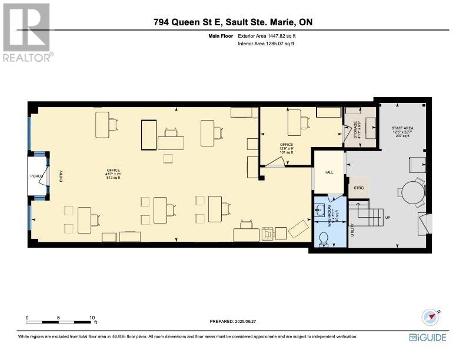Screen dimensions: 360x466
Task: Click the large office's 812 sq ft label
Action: [x=113, y=178]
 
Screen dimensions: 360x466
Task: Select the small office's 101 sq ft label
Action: [x=286, y=150]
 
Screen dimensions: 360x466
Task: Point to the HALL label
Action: [x=328, y=172]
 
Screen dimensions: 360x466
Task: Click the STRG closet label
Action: [x=358, y=188]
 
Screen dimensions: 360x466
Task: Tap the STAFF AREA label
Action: [x=402, y=131]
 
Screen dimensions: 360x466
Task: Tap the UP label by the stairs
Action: [x=387, y=217]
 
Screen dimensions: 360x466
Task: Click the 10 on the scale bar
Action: [x=92, y=318]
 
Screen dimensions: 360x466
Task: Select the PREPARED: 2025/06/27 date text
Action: [x=233, y=321]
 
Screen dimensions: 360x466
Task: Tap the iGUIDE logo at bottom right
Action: [x=428, y=337]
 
